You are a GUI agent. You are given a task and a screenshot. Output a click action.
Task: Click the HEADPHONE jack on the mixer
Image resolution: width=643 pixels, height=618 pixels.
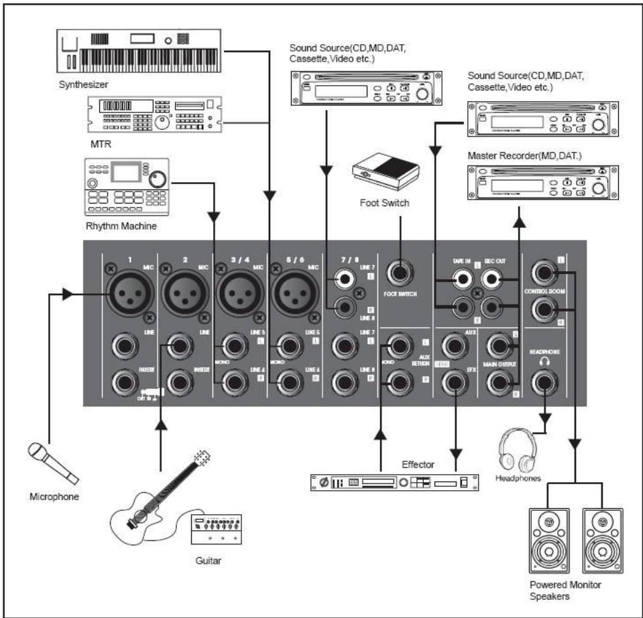(544, 383)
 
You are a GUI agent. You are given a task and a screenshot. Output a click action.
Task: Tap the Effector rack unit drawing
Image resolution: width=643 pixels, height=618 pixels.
(396, 482)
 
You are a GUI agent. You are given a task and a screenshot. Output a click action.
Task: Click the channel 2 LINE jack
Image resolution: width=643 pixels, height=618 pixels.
(180, 346)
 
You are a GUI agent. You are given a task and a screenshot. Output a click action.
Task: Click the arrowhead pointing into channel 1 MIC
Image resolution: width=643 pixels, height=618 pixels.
(68, 293)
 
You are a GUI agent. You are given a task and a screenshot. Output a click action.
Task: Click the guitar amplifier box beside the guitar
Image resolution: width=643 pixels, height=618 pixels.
(217, 531)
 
